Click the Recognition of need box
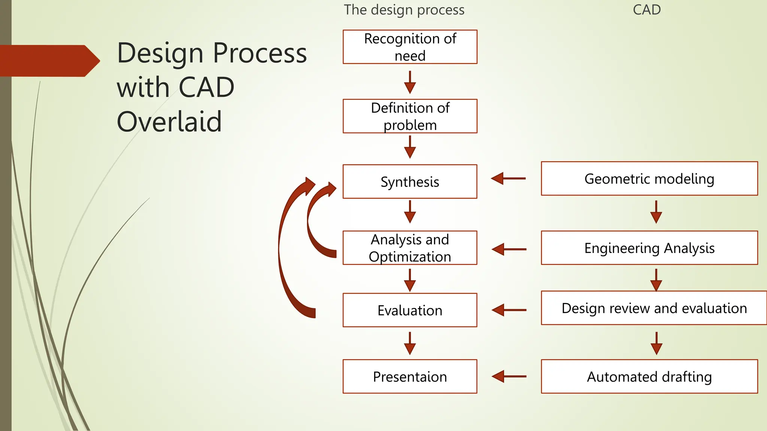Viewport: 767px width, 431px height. click(410, 47)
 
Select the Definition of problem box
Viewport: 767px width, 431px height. click(410, 116)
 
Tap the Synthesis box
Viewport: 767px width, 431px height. click(410, 181)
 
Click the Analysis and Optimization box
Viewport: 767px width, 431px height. click(410, 248)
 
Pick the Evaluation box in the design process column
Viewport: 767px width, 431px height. click(410, 310)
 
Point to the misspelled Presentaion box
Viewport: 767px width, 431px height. click(410, 376)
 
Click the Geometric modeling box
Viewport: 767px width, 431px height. click(649, 178)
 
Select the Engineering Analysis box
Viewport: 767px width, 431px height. click(649, 248)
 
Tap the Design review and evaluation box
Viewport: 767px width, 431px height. click(654, 308)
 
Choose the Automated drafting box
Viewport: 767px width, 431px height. click(649, 376)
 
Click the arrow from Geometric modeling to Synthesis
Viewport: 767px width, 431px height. click(508, 178)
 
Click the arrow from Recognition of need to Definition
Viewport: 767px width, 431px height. click(410, 82)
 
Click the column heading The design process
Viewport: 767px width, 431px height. click(404, 10)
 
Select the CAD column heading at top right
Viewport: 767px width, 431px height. click(647, 10)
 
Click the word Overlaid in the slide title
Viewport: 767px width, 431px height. click(169, 122)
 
